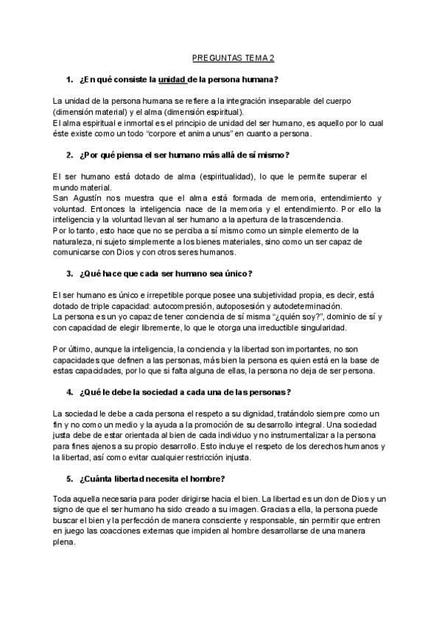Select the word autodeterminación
[299, 305]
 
